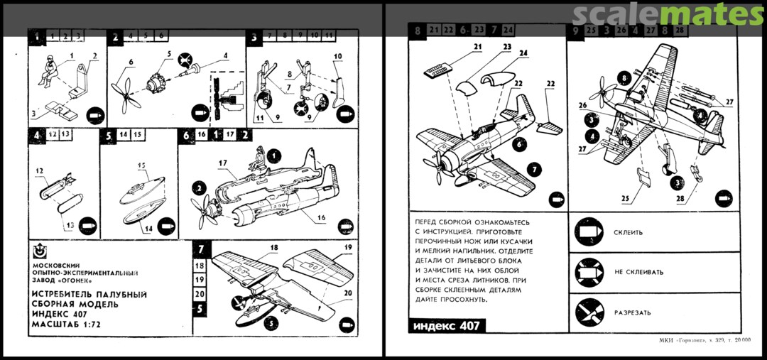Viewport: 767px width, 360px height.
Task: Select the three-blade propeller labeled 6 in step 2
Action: pos(126,92)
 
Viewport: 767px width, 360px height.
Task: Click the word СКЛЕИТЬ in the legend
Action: pos(628,232)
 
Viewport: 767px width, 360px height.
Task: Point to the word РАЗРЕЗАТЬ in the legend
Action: pos(633,312)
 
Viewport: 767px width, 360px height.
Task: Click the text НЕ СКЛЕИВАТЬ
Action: pos(638,272)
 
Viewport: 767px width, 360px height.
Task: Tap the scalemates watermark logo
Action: pos(668,15)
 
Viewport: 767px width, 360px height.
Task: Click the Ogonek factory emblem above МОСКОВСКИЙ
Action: pos(40,251)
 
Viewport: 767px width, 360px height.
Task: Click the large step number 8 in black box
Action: pos(417,30)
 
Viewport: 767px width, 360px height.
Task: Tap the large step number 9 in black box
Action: pos(576,30)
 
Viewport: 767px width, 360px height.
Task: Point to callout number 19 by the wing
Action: pos(348,247)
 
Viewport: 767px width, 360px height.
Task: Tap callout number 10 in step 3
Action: pos(337,56)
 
